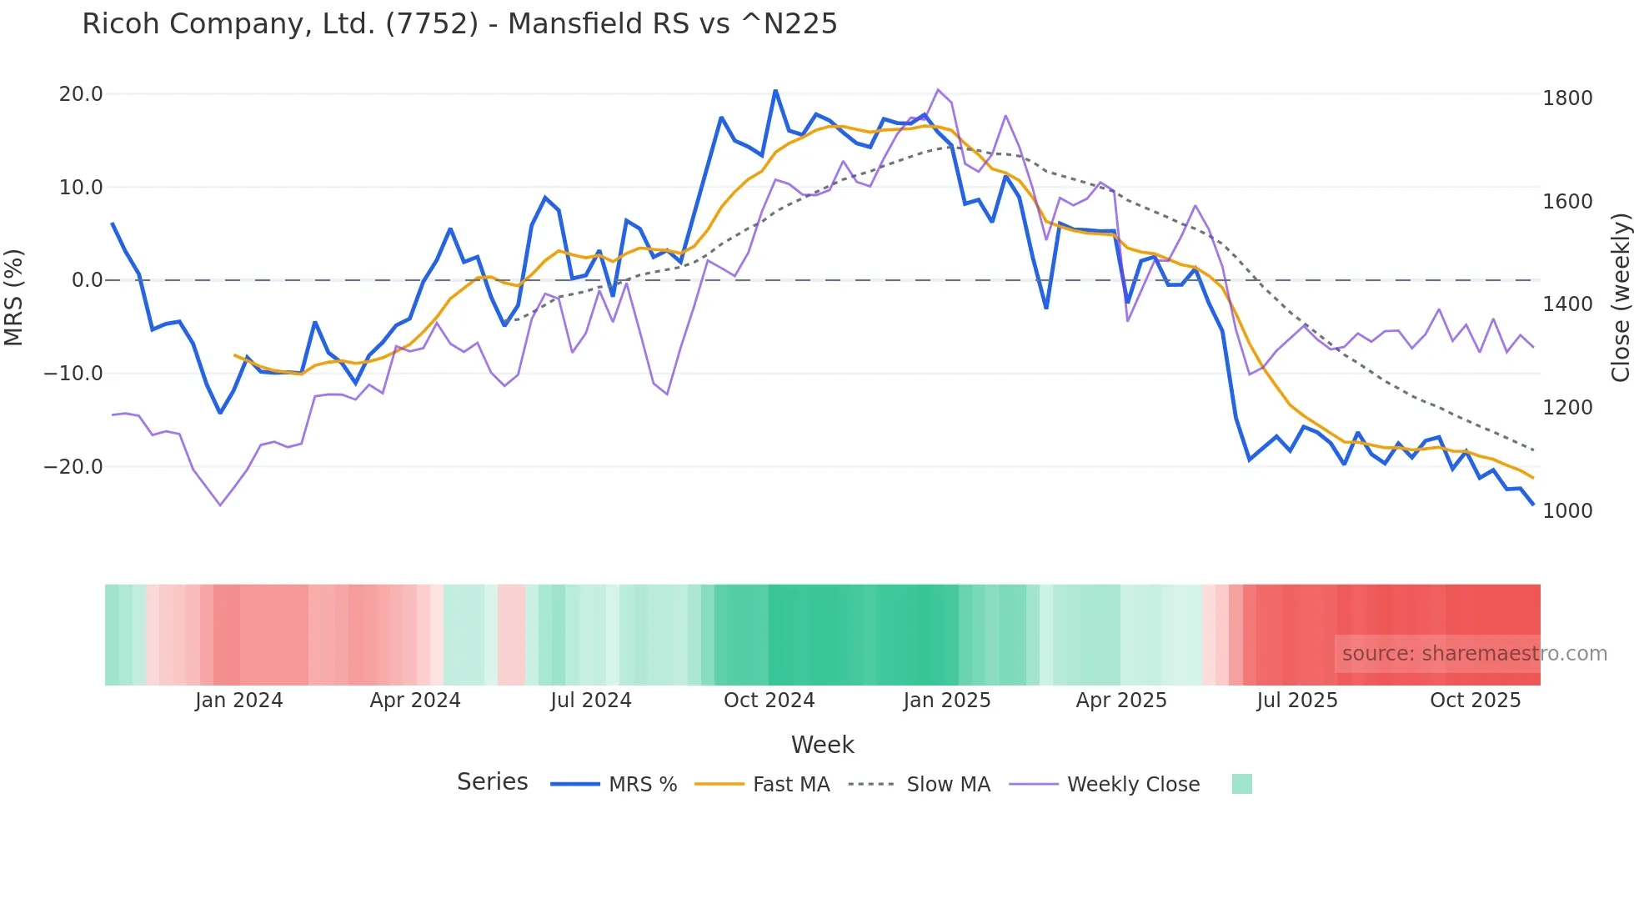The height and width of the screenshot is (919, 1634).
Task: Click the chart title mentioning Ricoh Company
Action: coord(459,24)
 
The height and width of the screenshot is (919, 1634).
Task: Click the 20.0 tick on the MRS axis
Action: coord(81,94)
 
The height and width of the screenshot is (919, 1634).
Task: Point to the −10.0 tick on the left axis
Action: coord(73,374)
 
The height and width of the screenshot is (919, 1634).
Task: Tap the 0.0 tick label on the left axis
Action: coord(87,280)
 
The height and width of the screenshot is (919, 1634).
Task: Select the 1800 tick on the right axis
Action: coord(1567,98)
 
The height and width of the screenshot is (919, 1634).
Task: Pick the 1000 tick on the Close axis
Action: coord(1567,511)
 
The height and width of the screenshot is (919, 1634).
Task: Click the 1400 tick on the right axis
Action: coord(1567,304)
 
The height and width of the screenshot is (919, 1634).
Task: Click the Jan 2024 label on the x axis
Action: coord(239,701)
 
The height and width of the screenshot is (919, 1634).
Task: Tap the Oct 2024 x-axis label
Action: coord(769,701)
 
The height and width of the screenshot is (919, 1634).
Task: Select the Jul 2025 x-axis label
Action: coord(1297,701)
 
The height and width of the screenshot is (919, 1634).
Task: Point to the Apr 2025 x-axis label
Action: coord(1121,701)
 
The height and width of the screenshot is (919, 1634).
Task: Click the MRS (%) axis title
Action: coord(14,297)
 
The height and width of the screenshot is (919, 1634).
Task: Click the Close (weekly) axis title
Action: coord(1620,298)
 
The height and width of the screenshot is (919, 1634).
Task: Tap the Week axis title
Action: coord(822,745)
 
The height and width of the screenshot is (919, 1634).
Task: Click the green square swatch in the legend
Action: coord(1241,784)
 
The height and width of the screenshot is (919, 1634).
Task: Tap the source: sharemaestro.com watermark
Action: coord(1474,654)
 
